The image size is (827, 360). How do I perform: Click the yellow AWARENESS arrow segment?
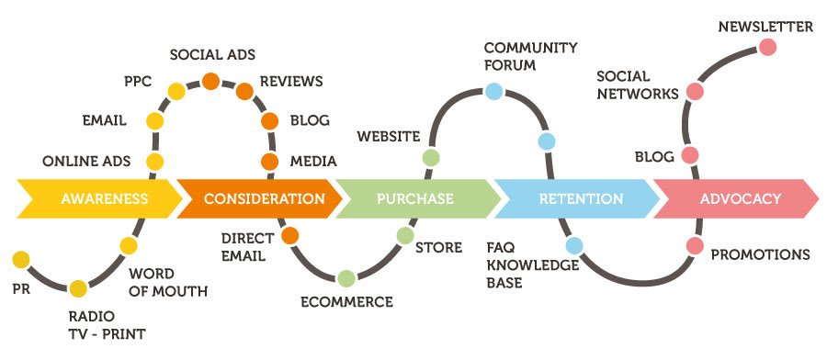92,198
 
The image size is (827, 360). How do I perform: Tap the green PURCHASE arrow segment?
414,198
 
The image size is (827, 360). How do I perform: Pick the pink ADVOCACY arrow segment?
740,198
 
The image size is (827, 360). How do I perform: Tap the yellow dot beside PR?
20,258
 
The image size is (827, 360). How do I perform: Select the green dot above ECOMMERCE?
346,277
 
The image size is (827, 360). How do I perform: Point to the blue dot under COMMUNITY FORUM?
493,90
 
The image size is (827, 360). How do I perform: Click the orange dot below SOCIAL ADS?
210,81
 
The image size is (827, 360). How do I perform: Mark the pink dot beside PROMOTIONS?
696,245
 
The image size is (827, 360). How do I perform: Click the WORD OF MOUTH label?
168,283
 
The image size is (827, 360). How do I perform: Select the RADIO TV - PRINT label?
108,325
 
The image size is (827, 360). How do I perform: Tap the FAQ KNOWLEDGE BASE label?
534,264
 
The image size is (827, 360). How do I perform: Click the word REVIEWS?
291,82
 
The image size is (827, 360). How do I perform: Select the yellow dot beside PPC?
176,91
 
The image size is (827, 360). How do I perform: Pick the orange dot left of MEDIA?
270,162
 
